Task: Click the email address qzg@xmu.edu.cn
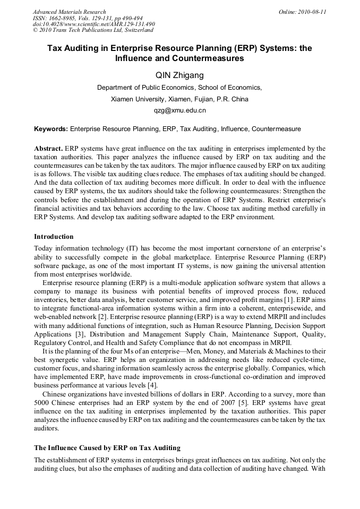(x=179, y=111)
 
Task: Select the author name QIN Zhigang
(x=179, y=75)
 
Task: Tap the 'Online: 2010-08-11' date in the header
(x=302, y=12)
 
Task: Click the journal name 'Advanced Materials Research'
(x=69, y=12)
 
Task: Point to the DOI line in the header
(x=93, y=24)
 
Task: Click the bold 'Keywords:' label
(x=51, y=129)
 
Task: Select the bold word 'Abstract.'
(x=48, y=149)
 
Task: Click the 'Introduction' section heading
(x=54, y=237)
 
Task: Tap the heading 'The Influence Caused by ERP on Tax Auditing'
(x=107, y=447)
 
